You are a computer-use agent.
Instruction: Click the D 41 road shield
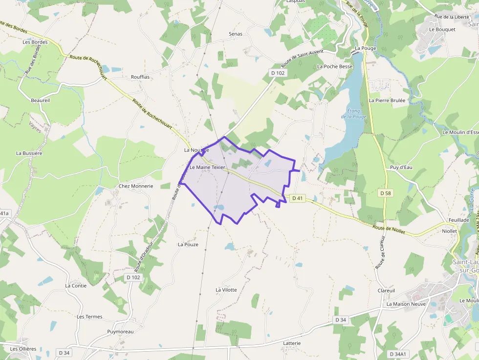(x=297, y=198)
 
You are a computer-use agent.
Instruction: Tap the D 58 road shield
(x=386, y=193)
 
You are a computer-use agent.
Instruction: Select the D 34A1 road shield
(x=399, y=354)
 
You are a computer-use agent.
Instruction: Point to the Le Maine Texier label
(x=208, y=167)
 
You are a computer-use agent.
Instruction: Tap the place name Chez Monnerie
(x=136, y=186)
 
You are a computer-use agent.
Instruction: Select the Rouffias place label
(x=140, y=77)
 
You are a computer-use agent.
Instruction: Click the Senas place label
(x=236, y=34)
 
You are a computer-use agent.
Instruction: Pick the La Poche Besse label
(x=335, y=66)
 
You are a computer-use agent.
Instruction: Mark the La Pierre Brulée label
(x=387, y=100)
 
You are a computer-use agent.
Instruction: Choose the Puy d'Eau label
(x=401, y=168)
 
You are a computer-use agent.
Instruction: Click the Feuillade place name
(x=459, y=220)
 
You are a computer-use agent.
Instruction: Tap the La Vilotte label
(x=226, y=290)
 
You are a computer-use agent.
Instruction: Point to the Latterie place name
(x=292, y=343)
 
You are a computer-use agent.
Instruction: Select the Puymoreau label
(x=120, y=332)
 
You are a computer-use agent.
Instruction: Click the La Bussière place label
(x=29, y=153)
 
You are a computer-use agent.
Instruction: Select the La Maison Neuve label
(x=406, y=304)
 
